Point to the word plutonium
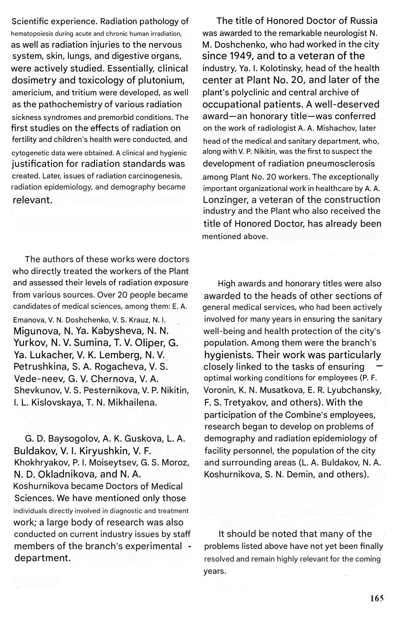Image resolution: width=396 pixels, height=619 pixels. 161,80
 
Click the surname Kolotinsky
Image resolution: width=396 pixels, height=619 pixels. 277,68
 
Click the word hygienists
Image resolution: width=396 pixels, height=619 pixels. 229,355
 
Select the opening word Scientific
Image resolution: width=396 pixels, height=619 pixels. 30,22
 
